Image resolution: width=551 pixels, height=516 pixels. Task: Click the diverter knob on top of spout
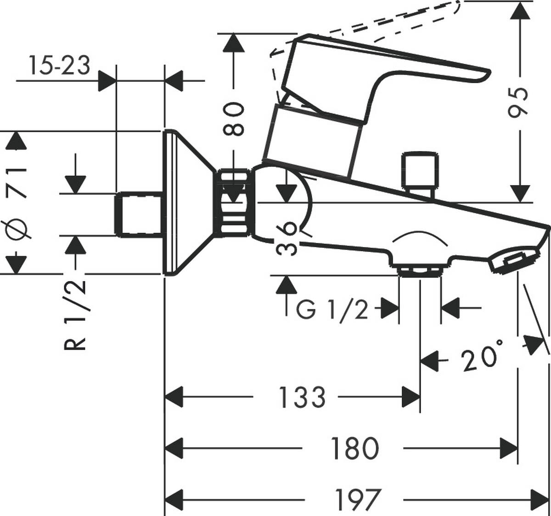pos(419,171)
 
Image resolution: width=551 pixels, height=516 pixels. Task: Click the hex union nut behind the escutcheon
pos(234,202)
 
